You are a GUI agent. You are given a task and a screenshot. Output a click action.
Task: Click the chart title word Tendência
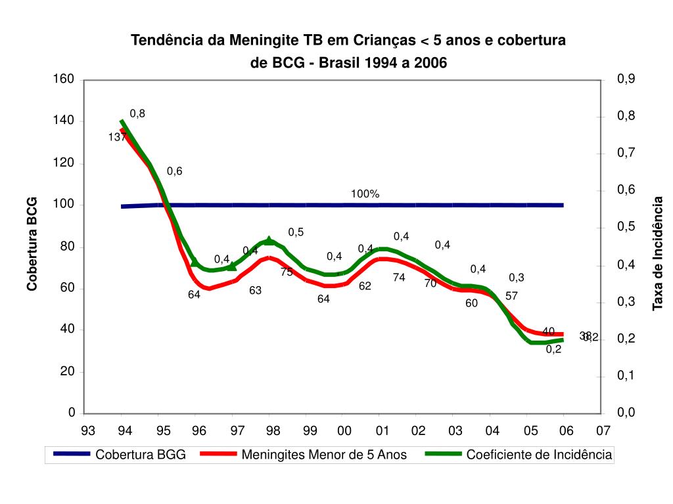coord(168,41)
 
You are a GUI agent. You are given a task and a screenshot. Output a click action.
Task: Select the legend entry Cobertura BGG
coord(141,454)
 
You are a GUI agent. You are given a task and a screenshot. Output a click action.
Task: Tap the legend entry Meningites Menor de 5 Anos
coord(324,454)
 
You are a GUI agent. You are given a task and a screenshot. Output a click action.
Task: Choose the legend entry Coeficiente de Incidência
coord(539,454)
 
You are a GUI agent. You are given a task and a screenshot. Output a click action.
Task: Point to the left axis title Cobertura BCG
coord(32,243)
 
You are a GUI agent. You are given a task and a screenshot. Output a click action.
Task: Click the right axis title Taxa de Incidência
coord(657,253)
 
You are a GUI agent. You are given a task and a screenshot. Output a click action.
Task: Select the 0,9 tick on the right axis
coord(626,79)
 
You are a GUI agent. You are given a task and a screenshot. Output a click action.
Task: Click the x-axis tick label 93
coord(87,430)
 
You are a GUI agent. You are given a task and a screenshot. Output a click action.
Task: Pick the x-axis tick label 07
coord(603,430)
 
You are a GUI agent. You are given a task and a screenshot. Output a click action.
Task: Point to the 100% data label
coord(365,194)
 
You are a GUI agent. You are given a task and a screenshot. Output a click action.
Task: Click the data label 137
coord(118,137)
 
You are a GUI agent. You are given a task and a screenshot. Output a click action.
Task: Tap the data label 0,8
coord(137,114)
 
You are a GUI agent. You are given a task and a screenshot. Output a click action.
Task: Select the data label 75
coord(287,272)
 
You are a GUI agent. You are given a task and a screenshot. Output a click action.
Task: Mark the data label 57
coord(512,296)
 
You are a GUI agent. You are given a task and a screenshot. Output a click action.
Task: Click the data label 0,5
coord(296,232)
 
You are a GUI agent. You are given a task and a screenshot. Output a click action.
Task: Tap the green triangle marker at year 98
coord(269,241)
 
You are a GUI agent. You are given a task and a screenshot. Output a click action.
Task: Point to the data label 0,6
coord(174,171)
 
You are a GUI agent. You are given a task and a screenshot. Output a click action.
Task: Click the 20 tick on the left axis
coord(68,371)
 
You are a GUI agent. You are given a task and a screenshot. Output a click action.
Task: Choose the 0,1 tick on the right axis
coord(626,375)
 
